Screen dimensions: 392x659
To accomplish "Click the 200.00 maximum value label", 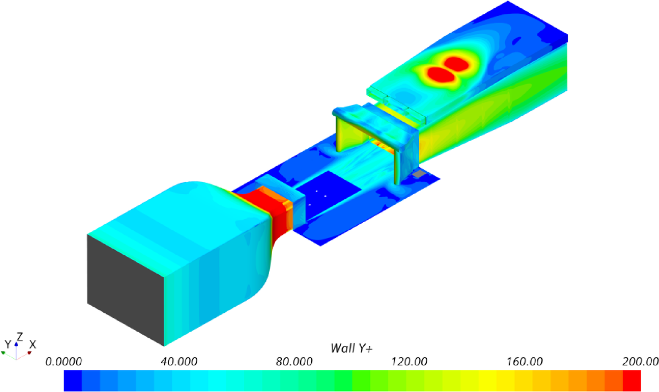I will tap(640, 362).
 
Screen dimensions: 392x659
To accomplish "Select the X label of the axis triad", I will tap(33, 344).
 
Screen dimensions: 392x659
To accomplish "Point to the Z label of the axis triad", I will tap(19, 336).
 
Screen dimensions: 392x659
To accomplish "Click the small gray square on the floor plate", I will tap(420, 174).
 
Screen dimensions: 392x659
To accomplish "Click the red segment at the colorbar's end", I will tap(631, 380).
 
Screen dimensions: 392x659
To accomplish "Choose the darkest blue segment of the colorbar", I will tap(73, 380).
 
